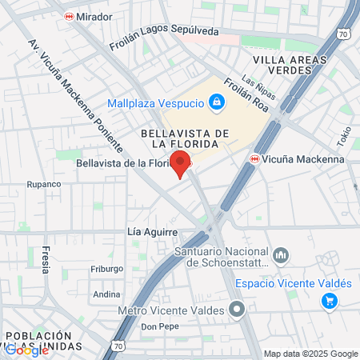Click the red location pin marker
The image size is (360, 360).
tap(181, 163)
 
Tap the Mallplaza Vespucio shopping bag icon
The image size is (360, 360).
tap(215, 102)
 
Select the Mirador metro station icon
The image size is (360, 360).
tap(70, 16)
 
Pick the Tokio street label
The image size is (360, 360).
tap(344, 137)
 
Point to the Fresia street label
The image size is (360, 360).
tap(46, 258)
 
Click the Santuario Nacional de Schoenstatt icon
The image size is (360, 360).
tap(281, 256)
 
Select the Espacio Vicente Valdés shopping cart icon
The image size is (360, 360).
tap(329, 301)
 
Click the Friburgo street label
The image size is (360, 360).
tap(107, 269)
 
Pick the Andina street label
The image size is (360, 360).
tap(106, 294)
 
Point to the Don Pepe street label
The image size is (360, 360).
tap(156, 327)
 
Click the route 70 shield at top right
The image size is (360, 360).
tap(343, 34)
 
